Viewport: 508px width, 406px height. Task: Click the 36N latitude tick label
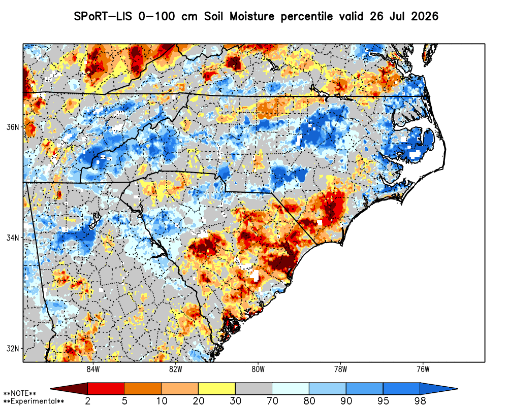13,126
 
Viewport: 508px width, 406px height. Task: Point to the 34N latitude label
13,238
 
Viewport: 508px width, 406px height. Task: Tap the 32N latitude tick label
13,349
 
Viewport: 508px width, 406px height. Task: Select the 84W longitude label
92,369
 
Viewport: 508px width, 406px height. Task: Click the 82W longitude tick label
176,369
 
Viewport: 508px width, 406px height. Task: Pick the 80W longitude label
258,369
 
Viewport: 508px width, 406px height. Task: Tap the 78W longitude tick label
340,369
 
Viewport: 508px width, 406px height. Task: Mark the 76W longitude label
423,369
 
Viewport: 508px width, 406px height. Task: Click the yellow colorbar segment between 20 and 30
217,389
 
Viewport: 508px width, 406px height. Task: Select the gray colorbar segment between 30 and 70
253,389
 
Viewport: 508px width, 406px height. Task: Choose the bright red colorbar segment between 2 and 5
106,389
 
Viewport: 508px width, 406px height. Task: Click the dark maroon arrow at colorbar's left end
69,389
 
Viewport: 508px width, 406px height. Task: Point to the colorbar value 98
420,401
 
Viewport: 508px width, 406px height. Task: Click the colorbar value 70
272,401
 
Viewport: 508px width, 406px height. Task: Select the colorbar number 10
162,401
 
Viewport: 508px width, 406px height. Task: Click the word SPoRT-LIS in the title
103,16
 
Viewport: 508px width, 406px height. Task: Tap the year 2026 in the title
424,16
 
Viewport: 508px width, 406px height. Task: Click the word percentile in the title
306,17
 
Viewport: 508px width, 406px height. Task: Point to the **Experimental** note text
34,401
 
